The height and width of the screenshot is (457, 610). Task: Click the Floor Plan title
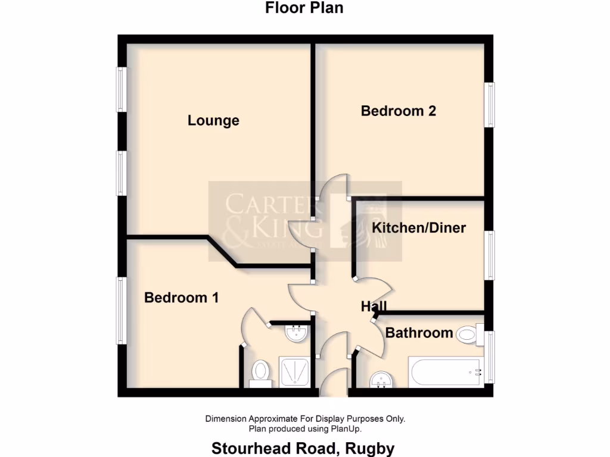tap(304, 8)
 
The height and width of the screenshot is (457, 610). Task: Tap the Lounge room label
tap(213, 120)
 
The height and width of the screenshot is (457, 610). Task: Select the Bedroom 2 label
tap(398, 111)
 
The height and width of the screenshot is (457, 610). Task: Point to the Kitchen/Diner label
tap(419, 227)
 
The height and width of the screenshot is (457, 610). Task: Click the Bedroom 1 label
tap(181, 298)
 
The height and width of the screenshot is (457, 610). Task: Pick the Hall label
tap(374, 306)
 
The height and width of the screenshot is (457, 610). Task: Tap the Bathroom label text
tap(419, 333)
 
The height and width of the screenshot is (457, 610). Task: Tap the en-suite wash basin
tap(296, 333)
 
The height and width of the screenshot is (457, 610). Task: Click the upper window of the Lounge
tap(122, 89)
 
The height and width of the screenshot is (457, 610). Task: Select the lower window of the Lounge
tap(122, 173)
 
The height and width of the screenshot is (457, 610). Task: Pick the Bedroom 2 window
tap(489, 104)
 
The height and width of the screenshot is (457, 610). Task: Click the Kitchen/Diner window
tap(489, 255)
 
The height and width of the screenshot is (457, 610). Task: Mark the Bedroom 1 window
tap(122, 310)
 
